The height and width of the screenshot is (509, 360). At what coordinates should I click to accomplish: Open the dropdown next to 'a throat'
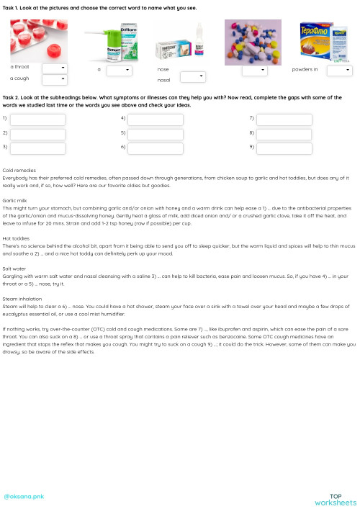tap(55, 68)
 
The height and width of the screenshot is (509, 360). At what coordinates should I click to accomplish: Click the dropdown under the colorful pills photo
tap(254, 71)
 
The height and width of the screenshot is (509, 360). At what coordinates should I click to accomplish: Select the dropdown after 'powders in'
tap(339, 71)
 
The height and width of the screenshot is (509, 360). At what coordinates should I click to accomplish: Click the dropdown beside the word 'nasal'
tap(193, 76)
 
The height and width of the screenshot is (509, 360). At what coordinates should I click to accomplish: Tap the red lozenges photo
tap(39, 40)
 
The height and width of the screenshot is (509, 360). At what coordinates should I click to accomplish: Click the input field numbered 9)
tap(284, 147)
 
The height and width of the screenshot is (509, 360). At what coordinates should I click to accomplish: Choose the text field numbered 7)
tap(284, 120)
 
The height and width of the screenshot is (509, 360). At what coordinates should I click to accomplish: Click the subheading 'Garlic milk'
tap(15, 201)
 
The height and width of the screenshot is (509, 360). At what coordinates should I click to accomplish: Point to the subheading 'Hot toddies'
tap(16, 238)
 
